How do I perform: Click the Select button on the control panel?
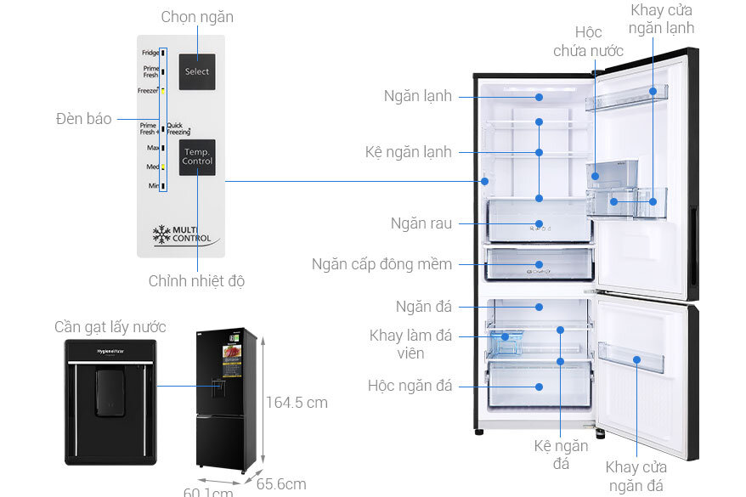pos(197,71)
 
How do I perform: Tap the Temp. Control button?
pos(197,156)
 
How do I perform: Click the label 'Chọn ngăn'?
pos(197,17)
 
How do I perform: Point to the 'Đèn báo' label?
pos(84,119)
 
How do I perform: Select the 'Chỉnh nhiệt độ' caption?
pos(196,280)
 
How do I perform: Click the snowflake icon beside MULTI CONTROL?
pos(162,234)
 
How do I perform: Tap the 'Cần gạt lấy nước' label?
pos(110,327)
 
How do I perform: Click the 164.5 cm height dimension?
pos(297,402)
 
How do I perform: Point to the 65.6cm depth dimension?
pos(281,483)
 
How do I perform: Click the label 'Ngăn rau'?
pos(421,223)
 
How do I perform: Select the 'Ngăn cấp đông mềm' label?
pos(393,264)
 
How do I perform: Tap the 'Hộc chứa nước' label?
pos(588,42)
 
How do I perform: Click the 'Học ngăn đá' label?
pos(410,386)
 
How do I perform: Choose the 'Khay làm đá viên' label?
pos(410,344)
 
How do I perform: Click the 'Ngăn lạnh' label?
pos(417,96)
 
